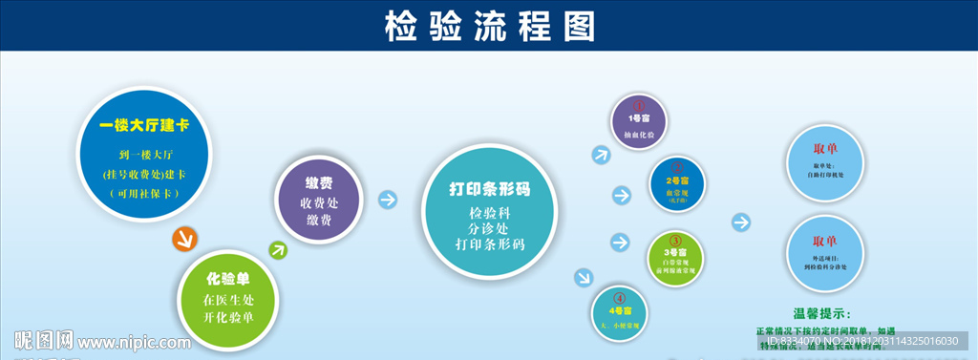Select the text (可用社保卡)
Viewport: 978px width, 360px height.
pos(143,193)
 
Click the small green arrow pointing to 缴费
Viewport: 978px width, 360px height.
pos(278,251)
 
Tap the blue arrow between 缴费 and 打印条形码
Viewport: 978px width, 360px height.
pos(387,200)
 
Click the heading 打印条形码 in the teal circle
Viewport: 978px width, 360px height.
pos(490,189)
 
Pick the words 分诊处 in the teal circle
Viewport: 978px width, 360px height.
pos(489,229)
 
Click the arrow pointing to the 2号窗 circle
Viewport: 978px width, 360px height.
pos(621,196)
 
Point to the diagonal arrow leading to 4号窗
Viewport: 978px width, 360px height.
pos(582,278)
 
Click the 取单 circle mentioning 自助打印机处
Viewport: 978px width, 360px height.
pos(823,159)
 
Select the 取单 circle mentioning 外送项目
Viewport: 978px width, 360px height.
pos(823,250)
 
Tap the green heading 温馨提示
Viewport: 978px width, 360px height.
pos(820,312)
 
